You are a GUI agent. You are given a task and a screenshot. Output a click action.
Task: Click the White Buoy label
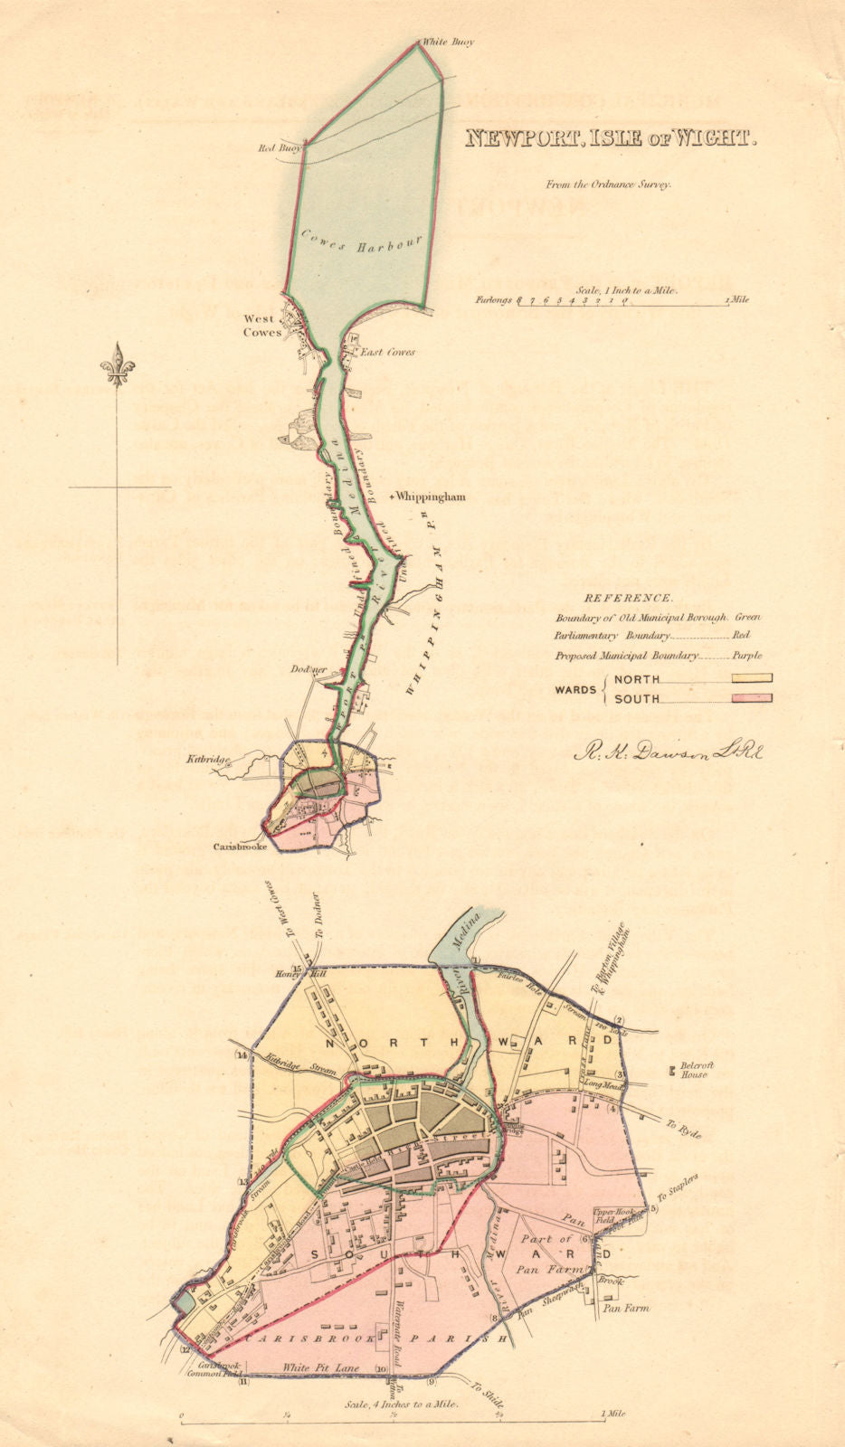click(x=450, y=42)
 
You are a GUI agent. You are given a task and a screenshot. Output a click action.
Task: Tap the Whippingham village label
click(x=428, y=497)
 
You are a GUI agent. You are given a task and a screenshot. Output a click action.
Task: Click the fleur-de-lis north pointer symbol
click(x=118, y=366)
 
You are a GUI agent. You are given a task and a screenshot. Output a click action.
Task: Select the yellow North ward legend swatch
click(x=738, y=678)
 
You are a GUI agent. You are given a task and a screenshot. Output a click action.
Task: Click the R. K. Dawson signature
click(x=667, y=750)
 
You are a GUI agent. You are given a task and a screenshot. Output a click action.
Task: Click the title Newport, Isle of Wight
click(x=610, y=138)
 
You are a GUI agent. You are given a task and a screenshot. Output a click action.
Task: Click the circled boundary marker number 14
click(x=242, y=1055)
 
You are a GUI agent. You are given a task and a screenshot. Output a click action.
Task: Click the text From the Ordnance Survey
click(x=607, y=184)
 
